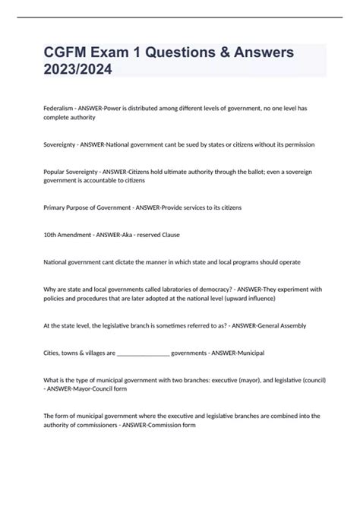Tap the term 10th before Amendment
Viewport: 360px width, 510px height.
51,236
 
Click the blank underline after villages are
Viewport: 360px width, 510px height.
134,353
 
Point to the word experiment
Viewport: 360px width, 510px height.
292,290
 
